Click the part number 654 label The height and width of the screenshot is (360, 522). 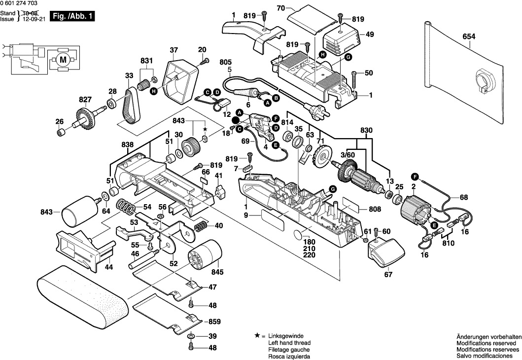pyautogui.click(x=470, y=36)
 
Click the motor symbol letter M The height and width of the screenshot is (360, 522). pyautogui.click(x=62, y=60)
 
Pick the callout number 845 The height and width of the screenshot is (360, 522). pyautogui.click(x=217, y=272)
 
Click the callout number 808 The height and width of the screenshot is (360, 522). pyautogui.click(x=375, y=209)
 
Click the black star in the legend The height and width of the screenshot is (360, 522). pyautogui.click(x=257, y=335)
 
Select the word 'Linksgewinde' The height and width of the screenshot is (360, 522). pyautogui.click(x=286, y=336)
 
